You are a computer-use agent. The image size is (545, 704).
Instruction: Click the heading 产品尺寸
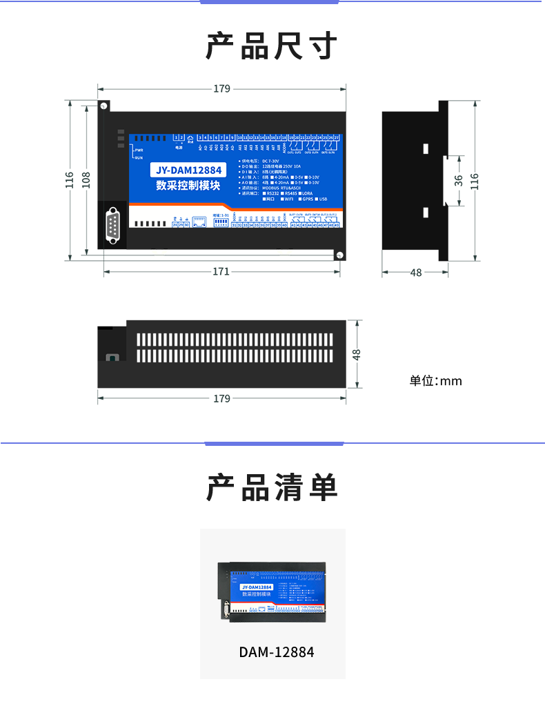pos(272,46)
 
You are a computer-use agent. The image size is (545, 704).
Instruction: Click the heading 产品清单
pos(272,488)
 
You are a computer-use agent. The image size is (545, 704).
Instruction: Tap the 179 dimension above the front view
pos(221,88)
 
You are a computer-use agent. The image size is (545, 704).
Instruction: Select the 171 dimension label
pos(221,271)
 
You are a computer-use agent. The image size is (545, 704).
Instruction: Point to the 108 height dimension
pos(86,179)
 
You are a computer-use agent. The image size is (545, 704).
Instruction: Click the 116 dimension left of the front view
pos(70,179)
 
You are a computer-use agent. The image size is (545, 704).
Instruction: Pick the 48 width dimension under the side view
pos(415,273)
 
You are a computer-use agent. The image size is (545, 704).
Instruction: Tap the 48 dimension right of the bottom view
pos(357,353)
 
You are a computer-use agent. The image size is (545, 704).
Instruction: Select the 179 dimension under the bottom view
pos(221,398)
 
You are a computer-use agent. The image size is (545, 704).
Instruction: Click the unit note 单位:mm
pos(435,381)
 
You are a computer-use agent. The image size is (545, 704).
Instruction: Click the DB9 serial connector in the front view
pos(113,226)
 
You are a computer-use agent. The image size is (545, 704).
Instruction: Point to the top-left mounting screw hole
pos(103,106)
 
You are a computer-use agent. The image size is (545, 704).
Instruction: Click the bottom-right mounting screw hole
pos(339,255)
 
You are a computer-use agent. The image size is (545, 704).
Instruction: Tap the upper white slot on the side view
pos(426,148)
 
